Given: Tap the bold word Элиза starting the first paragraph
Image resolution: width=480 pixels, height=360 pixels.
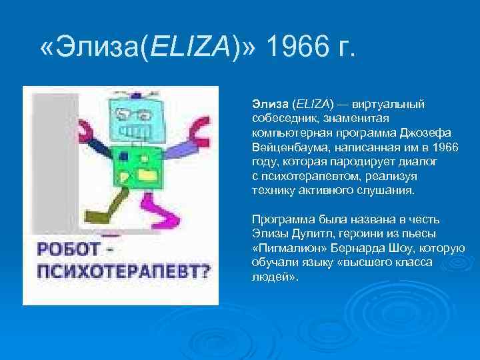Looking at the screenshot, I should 269,104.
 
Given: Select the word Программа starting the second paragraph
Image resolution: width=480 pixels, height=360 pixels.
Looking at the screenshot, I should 279,219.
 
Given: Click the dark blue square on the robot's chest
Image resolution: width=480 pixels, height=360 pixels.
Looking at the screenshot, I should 124,158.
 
